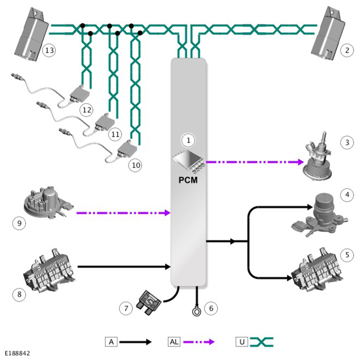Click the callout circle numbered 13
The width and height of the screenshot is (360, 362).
click(50, 50)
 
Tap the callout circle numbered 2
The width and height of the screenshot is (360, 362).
click(347, 50)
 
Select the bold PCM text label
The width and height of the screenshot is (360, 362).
click(188, 180)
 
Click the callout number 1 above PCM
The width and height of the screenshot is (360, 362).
click(188, 141)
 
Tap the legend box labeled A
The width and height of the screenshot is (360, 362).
click(111, 342)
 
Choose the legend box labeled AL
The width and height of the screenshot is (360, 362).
click(174, 342)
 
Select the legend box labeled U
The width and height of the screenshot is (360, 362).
click(242, 342)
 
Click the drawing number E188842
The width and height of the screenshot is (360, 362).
click(17, 353)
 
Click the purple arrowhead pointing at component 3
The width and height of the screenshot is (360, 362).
click(300, 162)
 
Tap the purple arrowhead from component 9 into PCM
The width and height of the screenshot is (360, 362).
click(168, 213)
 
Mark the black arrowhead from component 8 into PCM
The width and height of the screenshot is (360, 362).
click(168, 267)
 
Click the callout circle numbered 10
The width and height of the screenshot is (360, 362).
click(136, 165)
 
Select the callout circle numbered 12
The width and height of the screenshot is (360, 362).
click(87, 110)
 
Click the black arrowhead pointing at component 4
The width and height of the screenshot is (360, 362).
click(309, 207)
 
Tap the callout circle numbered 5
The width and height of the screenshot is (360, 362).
click(347, 255)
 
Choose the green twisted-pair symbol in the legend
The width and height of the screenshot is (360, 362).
click(262, 342)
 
